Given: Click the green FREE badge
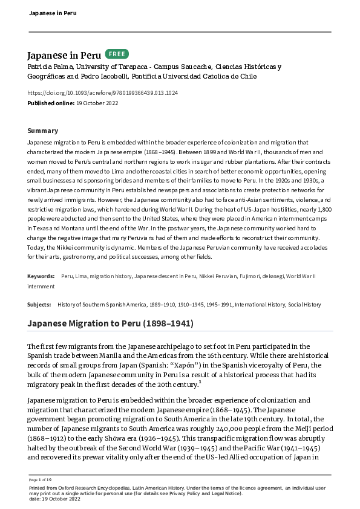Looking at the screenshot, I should (117, 54).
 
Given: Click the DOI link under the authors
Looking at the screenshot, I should (103, 92).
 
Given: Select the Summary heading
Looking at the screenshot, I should (43, 131).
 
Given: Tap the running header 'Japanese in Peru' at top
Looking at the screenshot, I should (53, 13).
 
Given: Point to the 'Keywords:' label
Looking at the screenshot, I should (41, 276).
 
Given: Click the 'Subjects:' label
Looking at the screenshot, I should (40, 305).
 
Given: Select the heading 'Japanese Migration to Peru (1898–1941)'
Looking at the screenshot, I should (111, 323).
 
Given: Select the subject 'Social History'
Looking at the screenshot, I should (304, 305).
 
